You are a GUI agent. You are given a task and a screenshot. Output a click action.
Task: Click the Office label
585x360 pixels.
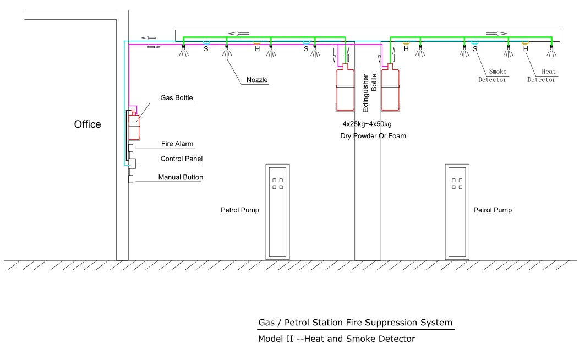click(x=88, y=124)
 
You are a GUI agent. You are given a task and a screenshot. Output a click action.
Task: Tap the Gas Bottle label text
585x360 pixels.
click(x=177, y=98)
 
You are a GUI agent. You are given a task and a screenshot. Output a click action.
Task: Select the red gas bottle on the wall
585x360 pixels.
click(x=134, y=126)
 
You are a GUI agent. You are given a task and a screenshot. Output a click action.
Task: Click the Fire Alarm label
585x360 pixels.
click(x=177, y=144)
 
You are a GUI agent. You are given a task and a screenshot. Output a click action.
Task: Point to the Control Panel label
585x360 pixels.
click(x=181, y=159)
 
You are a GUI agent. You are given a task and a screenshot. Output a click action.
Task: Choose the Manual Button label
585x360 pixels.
click(x=181, y=178)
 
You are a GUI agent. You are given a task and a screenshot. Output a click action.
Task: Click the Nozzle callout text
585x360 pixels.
click(x=257, y=80)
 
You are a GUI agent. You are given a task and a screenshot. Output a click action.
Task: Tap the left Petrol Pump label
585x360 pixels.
click(x=240, y=210)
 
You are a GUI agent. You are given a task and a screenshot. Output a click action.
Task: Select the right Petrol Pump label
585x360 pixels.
click(x=493, y=210)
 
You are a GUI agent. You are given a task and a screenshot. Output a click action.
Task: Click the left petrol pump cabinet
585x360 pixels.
click(x=277, y=212)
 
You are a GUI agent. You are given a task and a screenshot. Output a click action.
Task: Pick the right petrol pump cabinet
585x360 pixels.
click(x=457, y=212)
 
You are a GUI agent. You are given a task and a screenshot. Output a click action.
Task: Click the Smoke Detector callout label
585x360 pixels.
click(x=492, y=75)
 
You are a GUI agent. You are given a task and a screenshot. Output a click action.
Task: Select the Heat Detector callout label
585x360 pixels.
click(x=542, y=75)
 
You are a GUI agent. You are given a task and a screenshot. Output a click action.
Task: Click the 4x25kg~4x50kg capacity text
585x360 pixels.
click(x=367, y=124)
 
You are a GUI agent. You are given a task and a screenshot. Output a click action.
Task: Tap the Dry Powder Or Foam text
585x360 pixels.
click(x=373, y=136)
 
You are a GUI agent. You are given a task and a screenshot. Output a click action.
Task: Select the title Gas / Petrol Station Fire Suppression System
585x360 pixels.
click(x=355, y=323)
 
